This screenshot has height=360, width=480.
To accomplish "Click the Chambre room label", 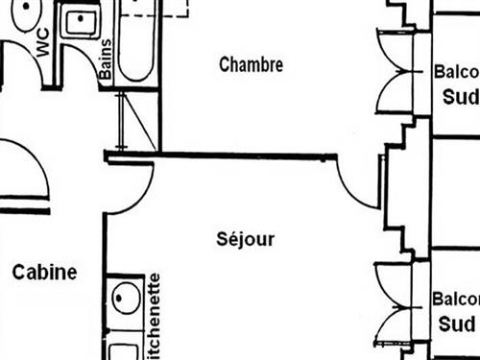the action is (251, 65).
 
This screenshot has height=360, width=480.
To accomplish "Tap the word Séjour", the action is (246, 239).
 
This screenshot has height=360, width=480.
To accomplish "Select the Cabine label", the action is (44, 273).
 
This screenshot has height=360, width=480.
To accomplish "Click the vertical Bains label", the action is (106, 59).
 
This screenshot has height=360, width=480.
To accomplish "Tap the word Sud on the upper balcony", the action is (459, 97).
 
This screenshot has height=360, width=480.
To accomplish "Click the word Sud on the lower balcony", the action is (457, 324).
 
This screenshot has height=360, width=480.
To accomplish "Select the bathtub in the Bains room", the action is (135, 43).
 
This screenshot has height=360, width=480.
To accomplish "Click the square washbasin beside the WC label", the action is (80, 21).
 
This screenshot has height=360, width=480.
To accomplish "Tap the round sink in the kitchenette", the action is (125, 300).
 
